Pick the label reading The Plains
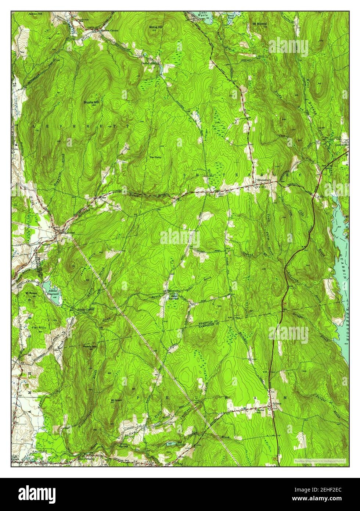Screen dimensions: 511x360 click(x=155, y=157)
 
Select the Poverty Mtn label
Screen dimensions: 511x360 click(x=89, y=346)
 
